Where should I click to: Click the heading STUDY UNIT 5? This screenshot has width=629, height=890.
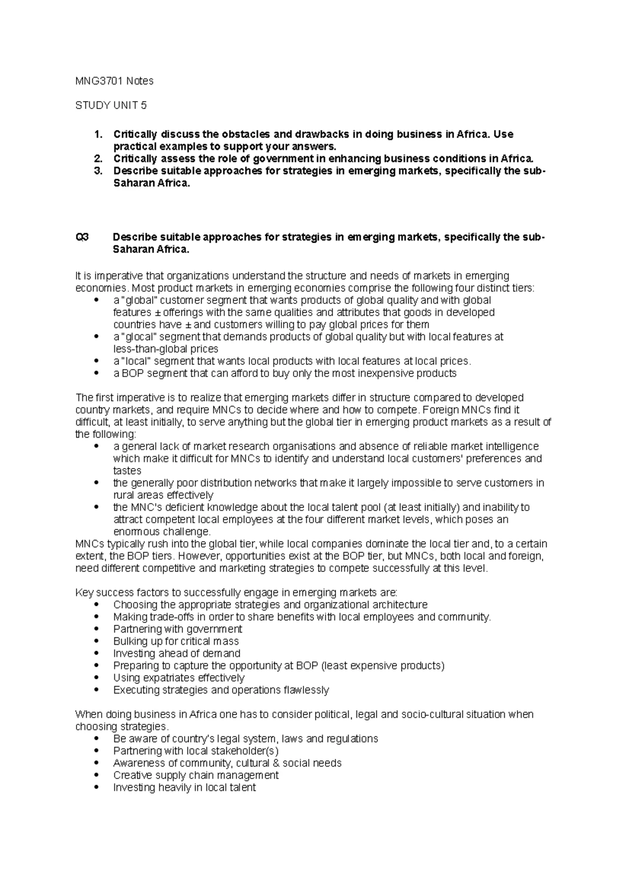pyautogui.click(x=111, y=105)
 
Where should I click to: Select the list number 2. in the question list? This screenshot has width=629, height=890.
pyautogui.click(x=98, y=158)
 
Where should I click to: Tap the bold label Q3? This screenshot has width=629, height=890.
pyautogui.click(x=82, y=237)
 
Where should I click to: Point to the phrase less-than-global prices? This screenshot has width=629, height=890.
pyautogui.click(x=166, y=349)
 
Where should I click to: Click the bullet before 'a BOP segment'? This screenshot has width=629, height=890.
pyautogui.click(x=95, y=374)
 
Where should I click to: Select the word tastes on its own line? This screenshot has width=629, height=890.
pyautogui.click(x=127, y=471)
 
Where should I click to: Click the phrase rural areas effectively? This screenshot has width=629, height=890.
pyautogui.click(x=163, y=495)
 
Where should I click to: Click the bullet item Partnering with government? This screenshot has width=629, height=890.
pyautogui.click(x=177, y=629)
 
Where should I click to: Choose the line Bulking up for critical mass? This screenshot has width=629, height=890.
pyautogui.click(x=176, y=641)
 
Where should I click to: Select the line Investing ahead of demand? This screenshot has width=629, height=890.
pyautogui.click(x=177, y=653)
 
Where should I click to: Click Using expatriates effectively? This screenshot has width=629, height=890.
pyautogui.click(x=179, y=678)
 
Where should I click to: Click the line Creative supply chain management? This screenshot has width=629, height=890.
pyautogui.click(x=196, y=775)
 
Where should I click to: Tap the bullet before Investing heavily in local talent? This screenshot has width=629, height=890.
pyautogui.click(x=95, y=788)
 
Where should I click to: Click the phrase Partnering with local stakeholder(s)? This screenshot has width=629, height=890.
pyautogui.click(x=196, y=751)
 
